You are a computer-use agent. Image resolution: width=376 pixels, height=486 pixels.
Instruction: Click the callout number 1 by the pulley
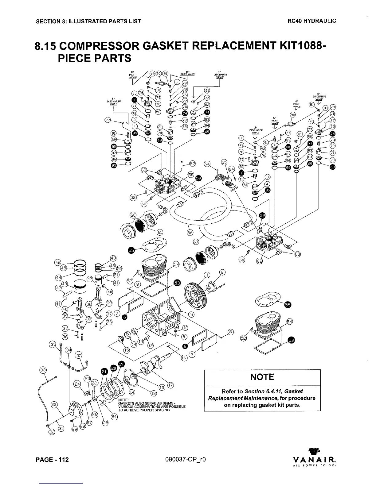(x=208, y=274)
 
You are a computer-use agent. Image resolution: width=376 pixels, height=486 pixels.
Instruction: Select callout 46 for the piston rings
(x=57, y=262)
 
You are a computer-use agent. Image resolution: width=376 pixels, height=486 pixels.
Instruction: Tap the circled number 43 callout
(x=65, y=284)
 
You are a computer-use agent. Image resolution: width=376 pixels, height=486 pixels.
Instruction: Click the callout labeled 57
(x=192, y=164)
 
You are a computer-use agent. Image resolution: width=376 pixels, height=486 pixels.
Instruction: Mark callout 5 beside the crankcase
(x=191, y=314)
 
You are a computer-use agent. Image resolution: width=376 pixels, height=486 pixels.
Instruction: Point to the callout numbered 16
(x=184, y=358)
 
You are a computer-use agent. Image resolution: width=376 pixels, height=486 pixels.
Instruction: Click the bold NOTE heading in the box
(x=262, y=377)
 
